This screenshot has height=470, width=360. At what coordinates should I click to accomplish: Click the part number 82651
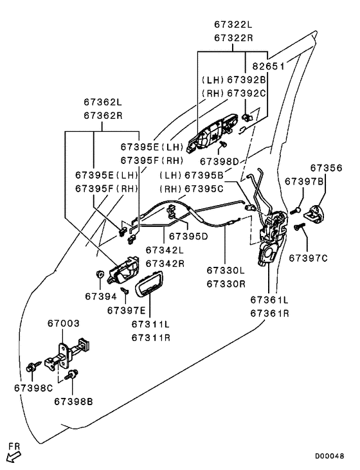tap(268, 66)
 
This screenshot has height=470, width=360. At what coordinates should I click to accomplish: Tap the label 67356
tap(326, 168)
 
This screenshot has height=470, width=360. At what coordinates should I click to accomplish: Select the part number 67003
tap(64, 323)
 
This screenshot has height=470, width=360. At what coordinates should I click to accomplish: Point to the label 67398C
tap(33, 388)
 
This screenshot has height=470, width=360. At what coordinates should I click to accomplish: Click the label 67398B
tap(73, 401)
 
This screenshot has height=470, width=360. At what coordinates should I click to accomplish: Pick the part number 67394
tap(101, 296)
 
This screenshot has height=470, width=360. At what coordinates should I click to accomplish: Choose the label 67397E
tap(126, 311)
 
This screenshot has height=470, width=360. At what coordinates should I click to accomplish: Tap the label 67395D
tap(188, 237)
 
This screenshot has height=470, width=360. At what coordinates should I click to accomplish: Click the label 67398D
tap(219, 161)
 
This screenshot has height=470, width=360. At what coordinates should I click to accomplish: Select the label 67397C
tap(309, 258)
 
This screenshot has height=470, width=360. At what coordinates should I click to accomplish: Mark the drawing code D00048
tap(329, 456)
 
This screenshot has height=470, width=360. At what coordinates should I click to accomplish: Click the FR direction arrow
tap(14, 457)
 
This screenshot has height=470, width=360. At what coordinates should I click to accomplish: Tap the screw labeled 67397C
tap(300, 226)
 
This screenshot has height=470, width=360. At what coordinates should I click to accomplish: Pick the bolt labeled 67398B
tap(72, 375)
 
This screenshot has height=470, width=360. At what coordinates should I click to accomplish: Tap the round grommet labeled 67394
tap(99, 274)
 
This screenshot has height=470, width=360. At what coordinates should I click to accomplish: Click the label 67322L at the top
tap(233, 24)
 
